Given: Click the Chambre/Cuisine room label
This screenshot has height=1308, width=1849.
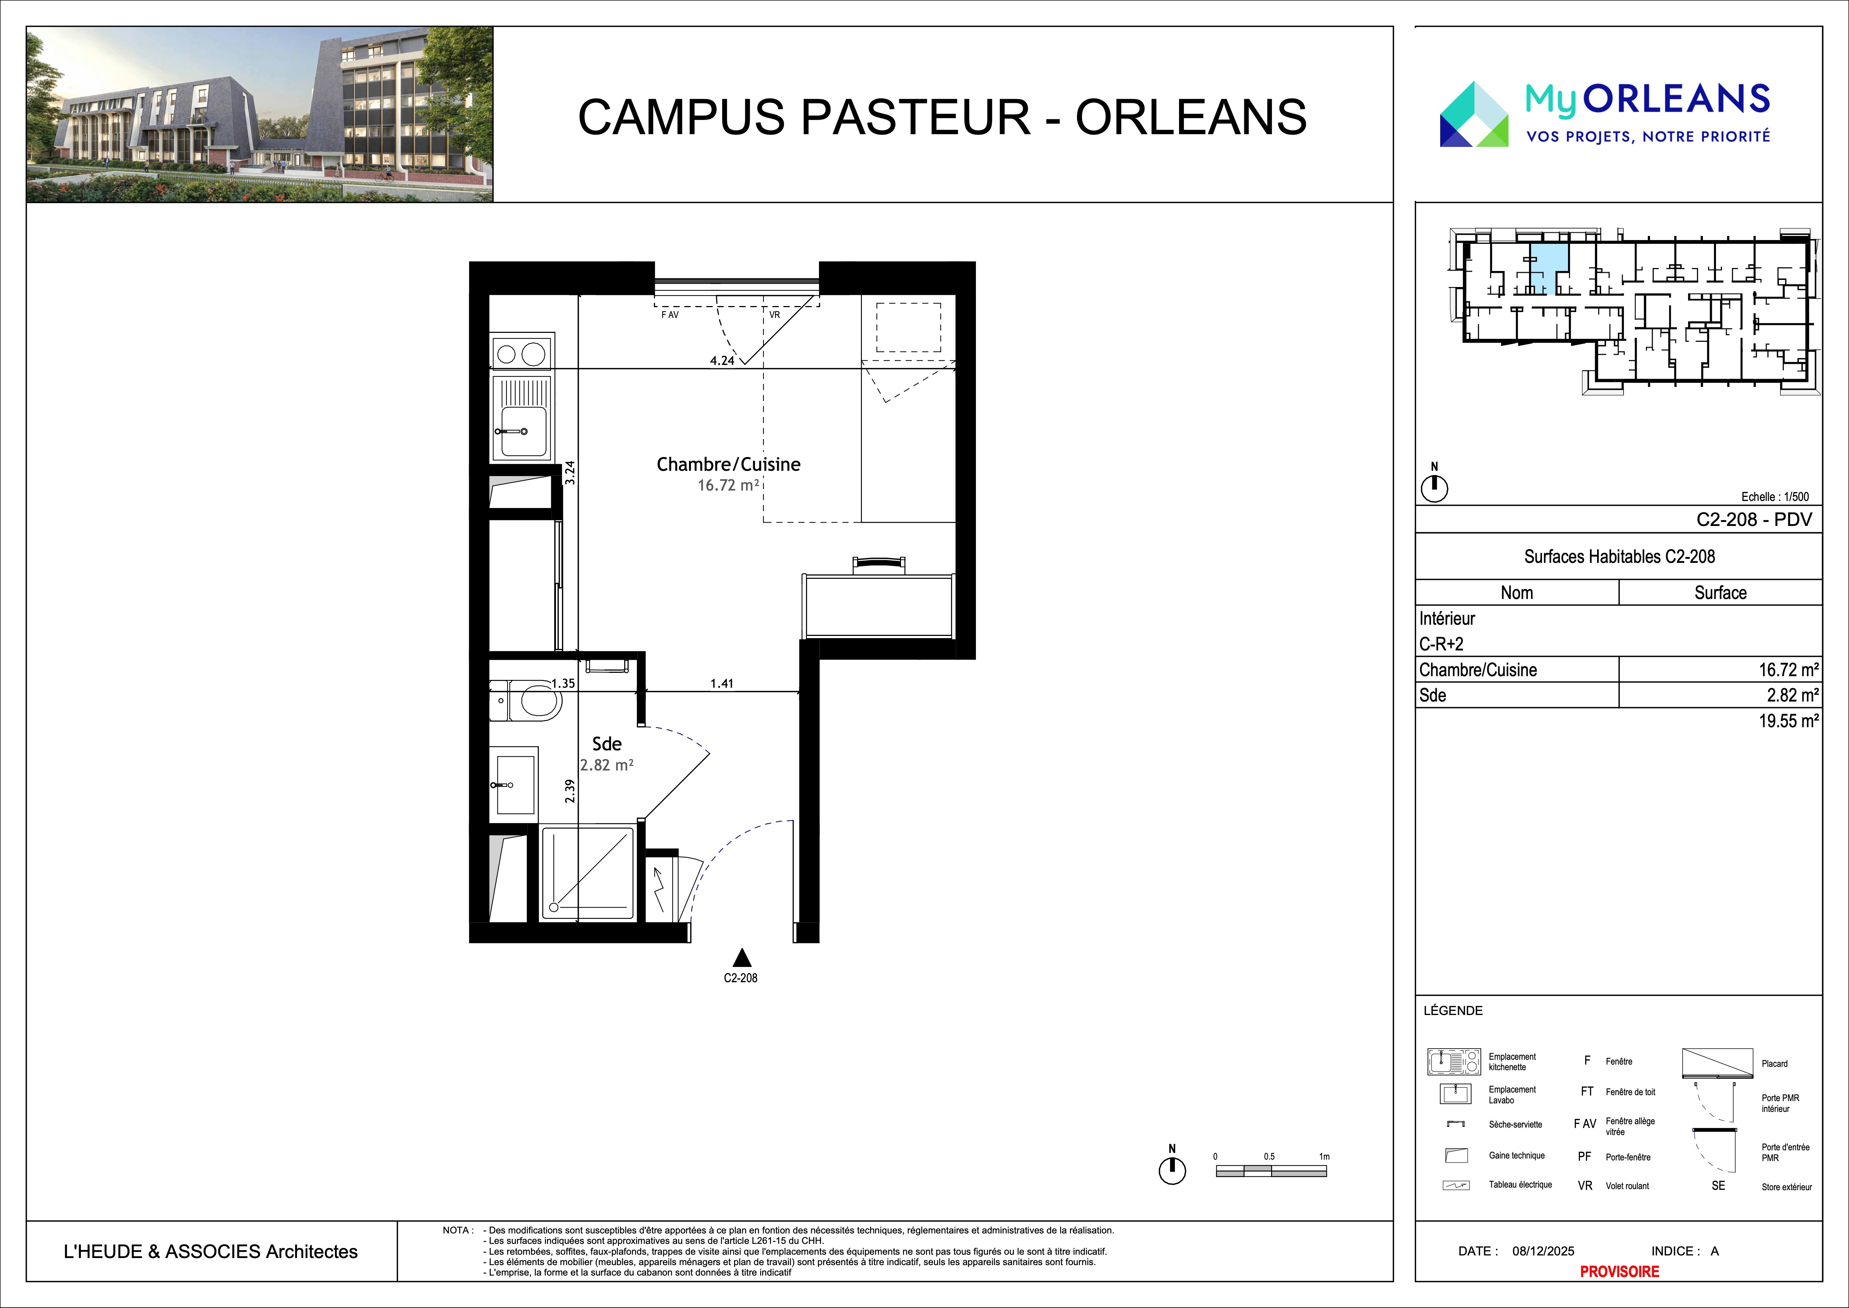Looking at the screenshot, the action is click(728, 465).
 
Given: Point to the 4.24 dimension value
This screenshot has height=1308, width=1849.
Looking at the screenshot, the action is click(721, 361).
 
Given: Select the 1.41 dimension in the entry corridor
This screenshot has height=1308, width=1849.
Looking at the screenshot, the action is click(721, 684).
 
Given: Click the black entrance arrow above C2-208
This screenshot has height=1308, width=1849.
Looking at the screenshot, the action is click(742, 958).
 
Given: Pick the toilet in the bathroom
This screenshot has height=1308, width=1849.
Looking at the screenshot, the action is click(531, 701).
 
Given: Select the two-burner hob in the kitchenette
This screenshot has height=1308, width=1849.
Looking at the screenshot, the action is click(521, 354).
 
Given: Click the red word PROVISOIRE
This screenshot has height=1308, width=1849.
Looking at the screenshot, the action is click(1619, 1272).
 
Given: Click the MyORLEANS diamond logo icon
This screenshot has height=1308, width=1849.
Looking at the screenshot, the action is click(1474, 114).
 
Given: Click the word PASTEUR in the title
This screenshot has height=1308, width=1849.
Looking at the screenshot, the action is click(916, 117).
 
